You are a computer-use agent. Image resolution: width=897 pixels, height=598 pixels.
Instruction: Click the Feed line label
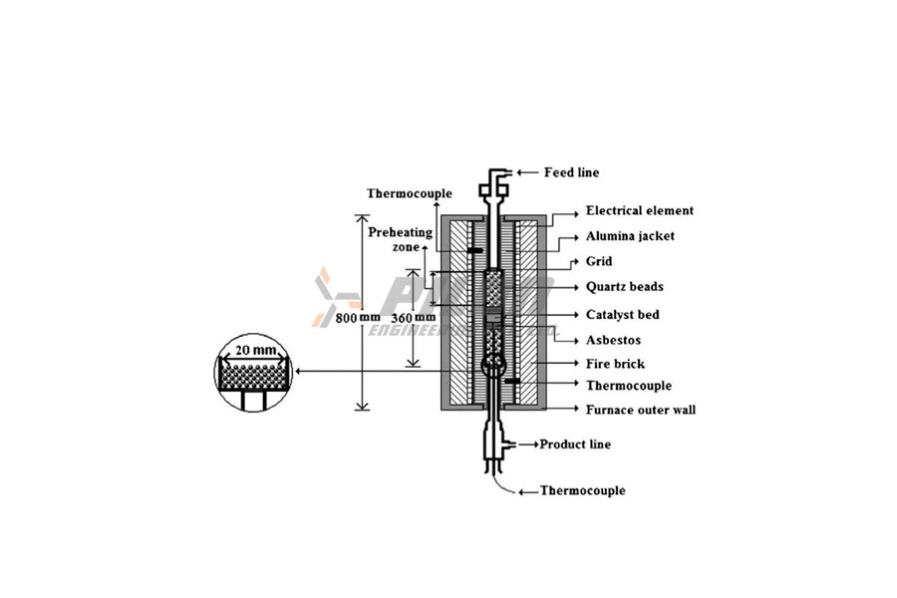[571, 172]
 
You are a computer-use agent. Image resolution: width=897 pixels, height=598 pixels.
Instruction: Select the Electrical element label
[639, 211]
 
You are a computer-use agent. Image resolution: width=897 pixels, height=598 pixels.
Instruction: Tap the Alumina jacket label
[629, 236]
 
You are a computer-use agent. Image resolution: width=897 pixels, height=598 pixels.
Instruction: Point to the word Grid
[599, 262]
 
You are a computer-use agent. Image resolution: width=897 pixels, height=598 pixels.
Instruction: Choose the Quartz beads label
[624, 287]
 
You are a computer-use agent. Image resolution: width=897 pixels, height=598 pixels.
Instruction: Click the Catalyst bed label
[622, 314]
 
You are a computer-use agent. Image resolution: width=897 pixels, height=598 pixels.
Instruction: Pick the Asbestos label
[614, 340]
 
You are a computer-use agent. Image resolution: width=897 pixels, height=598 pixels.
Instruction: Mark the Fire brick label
[615, 364]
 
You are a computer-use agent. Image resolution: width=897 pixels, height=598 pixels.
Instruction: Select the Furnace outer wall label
[641, 410]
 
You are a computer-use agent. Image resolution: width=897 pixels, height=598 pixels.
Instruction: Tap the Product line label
[575, 444]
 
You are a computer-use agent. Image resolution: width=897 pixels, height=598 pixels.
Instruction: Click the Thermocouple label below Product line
[582, 491]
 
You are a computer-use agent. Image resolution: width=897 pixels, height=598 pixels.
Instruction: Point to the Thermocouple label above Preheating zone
[409, 193]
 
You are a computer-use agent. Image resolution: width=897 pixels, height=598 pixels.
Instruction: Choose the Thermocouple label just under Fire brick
[628, 386]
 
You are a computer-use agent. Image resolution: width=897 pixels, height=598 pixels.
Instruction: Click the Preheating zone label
[400, 238]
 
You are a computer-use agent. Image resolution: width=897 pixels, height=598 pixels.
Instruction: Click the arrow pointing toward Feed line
[527, 172]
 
